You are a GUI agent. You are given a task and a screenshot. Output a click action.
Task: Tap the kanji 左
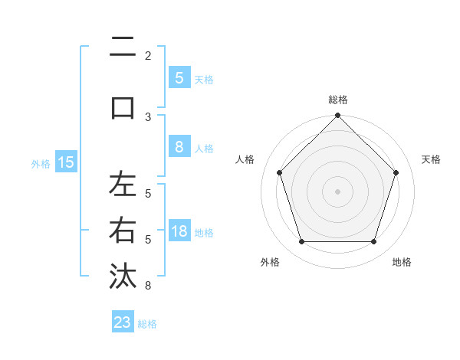(123, 185)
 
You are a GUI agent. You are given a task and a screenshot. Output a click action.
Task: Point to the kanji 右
(123, 231)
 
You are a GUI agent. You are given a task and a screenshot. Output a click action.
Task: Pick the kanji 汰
(123, 275)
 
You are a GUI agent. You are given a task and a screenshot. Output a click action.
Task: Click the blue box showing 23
(123, 322)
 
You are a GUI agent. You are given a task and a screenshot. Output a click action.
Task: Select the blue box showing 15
(66, 162)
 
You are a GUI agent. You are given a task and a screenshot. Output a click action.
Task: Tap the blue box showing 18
(179, 231)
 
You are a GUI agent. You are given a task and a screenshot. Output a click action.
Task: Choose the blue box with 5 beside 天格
(179, 77)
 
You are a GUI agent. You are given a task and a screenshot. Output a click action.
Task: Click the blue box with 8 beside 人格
(179, 147)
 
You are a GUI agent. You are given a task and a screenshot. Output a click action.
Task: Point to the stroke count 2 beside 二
(148, 55)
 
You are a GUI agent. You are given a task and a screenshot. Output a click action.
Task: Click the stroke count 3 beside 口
(148, 116)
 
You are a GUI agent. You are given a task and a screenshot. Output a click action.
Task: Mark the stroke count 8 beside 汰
(148, 286)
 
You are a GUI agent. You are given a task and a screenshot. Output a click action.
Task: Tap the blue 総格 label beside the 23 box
(147, 324)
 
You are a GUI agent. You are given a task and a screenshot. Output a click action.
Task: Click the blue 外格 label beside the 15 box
(41, 163)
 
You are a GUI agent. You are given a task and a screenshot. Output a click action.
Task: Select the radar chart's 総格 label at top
(337, 100)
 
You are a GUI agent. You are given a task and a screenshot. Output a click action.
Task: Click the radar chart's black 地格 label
(402, 262)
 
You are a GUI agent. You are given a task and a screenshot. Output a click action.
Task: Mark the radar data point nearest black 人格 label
(279, 172)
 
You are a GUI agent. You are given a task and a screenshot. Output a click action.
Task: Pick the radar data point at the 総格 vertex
(337, 116)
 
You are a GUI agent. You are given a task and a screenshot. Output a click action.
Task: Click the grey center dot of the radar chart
(337, 191)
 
